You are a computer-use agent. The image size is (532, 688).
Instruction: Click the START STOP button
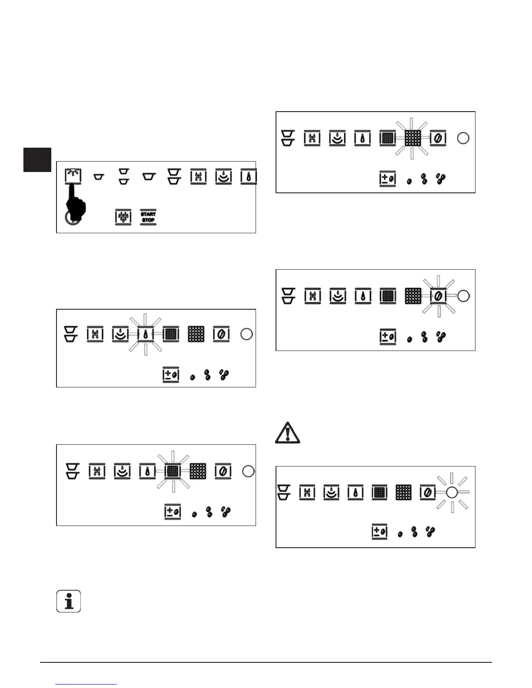click(x=148, y=217)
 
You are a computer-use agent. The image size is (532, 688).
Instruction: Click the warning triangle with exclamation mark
click(x=287, y=433)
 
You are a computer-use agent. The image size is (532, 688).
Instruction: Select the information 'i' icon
click(x=69, y=602)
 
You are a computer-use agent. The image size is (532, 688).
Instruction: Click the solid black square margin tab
click(x=37, y=160)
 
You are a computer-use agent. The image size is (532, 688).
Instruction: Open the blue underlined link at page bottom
click(x=86, y=684)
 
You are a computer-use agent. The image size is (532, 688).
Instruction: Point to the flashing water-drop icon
click(x=145, y=334)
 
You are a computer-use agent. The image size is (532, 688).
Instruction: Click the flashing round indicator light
click(x=451, y=492)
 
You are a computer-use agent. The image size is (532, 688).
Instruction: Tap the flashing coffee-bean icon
click(x=438, y=296)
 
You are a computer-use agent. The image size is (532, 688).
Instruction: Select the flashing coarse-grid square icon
click(x=412, y=139)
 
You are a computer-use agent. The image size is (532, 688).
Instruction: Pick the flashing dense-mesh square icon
click(x=173, y=471)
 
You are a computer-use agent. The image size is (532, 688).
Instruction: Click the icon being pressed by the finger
click(x=73, y=176)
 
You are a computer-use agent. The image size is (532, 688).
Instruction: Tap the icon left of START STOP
click(x=123, y=217)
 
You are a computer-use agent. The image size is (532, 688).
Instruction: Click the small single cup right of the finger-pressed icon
click(x=99, y=177)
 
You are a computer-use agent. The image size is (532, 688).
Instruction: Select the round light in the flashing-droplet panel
click(x=246, y=334)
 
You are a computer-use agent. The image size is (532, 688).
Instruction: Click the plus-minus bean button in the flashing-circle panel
click(x=380, y=532)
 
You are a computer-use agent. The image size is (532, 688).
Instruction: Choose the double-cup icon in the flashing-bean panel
click(x=288, y=296)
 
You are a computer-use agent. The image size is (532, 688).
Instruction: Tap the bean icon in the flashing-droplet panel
click(x=222, y=334)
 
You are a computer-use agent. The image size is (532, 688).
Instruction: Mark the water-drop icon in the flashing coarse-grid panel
click(x=362, y=139)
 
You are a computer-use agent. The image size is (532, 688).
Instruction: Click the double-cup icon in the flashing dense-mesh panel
click(x=72, y=471)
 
